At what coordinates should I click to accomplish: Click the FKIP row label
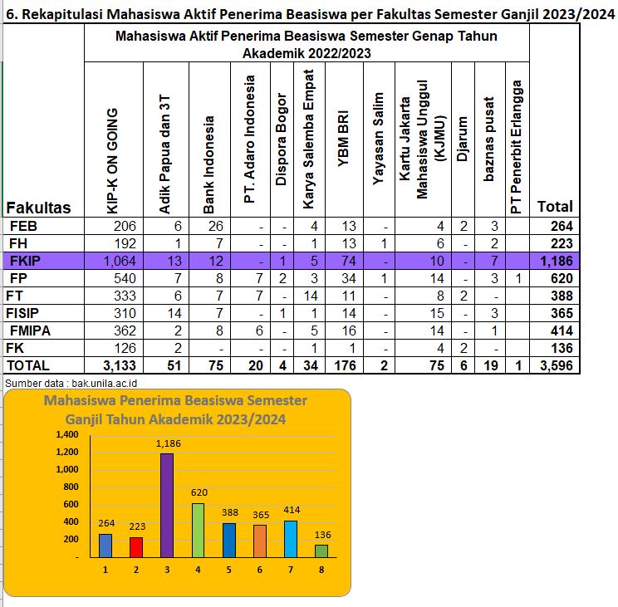click(x=25, y=261)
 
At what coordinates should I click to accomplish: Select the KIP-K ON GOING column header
click(x=112, y=161)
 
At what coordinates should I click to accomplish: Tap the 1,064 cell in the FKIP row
click(x=120, y=261)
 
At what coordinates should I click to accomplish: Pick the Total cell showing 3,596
click(x=557, y=365)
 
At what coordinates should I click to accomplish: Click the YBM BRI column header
click(x=343, y=139)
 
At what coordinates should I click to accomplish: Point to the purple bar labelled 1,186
click(x=167, y=506)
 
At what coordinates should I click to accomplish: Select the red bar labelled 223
click(x=136, y=547)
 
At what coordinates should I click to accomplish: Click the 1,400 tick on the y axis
click(x=67, y=434)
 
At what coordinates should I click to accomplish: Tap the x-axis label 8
click(x=321, y=570)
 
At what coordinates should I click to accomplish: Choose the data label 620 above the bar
click(x=199, y=492)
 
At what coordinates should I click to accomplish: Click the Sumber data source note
click(x=71, y=384)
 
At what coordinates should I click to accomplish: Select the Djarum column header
click(x=463, y=139)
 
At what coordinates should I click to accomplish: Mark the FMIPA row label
click(x=30, y=330)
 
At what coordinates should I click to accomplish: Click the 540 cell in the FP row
click(x=125, y=278)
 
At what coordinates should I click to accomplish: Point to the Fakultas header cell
click(x=38, y=208)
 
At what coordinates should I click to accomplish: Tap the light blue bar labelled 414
click(x=291, y=539)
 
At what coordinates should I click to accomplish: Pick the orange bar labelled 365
click(x=260, y=541)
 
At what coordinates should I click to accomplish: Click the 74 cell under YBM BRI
click(x=349, y=261)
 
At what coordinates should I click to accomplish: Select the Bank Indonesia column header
click(x=208, y=164)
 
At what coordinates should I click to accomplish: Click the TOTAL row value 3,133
click(x=120, y=365)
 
